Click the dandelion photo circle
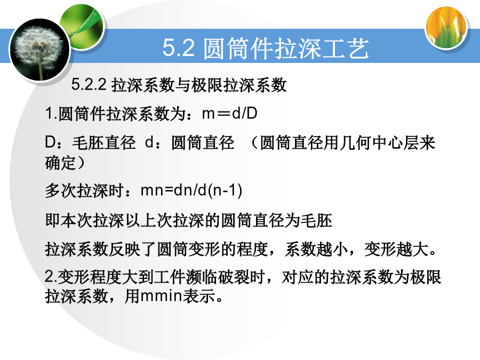(40, 50)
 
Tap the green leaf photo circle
(82, 26)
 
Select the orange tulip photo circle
(446, 28)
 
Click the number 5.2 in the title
(179, 47)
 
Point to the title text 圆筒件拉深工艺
(286, 48)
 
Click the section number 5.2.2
(89, 84)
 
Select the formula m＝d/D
(229, 113)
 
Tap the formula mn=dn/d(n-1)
(191, 190)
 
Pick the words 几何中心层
(371, 142)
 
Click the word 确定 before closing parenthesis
(60, 163)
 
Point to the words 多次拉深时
(84, 190)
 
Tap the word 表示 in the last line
(199, 296)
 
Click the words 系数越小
(316, 249)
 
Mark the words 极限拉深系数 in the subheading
(239, 85)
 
